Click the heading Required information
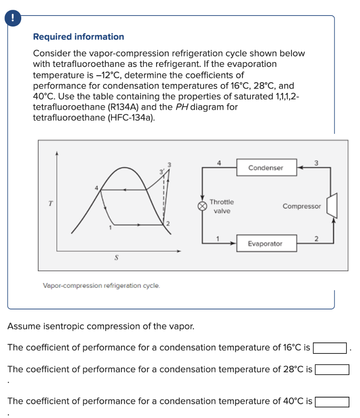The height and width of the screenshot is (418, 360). point(78,37)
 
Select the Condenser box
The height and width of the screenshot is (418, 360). point(266,168)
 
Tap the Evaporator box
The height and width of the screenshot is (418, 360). point(265,244)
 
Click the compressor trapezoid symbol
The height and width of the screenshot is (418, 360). point(333,205)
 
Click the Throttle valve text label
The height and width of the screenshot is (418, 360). point(221,207)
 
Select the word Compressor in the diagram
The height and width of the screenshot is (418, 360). point(302,206)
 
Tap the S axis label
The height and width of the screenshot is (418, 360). point(116,258)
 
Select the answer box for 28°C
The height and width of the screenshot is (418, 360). point(332,370)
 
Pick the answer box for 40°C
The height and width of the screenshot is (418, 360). point(332,402)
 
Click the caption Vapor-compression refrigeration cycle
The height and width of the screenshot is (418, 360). point(101,285)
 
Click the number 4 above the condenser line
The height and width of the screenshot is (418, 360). point(219,162)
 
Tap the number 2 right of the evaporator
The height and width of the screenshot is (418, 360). point(316,238)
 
